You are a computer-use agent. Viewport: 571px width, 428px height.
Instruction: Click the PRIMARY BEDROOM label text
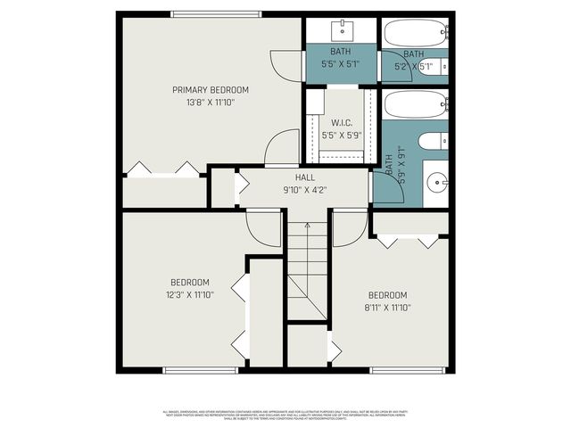click(x=211, y=90)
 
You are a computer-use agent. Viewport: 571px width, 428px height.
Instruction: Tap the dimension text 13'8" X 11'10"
click(x=211, y=102)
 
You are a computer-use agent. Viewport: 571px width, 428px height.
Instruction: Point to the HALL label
click(x=304, y=178)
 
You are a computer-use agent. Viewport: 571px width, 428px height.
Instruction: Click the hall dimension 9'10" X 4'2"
click(x=304, y=189)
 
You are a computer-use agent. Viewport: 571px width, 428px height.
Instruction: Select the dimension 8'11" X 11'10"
click(x=387, y=307)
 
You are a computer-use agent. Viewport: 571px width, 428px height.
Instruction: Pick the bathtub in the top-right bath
click(x=414, y=33)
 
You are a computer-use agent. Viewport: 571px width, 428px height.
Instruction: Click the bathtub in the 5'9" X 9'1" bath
click(x=414, y=104)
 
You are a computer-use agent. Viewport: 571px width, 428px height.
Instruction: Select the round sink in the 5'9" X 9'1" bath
click(x=436, y=183)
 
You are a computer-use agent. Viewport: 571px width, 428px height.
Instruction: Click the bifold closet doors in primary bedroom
click(x=163, y=169)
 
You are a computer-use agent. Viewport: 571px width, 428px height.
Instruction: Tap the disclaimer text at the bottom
click(x=285, y=415)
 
